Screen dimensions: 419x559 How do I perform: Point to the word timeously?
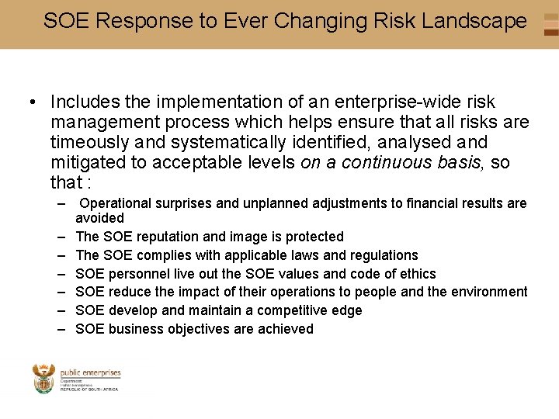87,142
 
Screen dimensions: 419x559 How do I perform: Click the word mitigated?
86,162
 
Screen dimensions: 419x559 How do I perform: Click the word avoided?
99,218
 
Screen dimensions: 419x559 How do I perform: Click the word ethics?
417,274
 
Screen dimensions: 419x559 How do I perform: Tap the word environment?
488,293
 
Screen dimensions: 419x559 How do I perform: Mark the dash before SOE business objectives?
61,329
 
